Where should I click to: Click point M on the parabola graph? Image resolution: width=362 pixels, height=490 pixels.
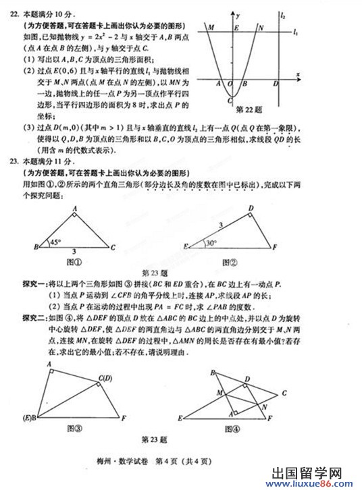coord(212,29)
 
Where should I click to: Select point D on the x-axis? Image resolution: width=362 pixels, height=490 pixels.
coord(275,84)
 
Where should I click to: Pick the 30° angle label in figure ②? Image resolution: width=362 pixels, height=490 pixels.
coord(211,242)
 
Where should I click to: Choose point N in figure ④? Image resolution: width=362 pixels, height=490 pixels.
coord(263,406)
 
